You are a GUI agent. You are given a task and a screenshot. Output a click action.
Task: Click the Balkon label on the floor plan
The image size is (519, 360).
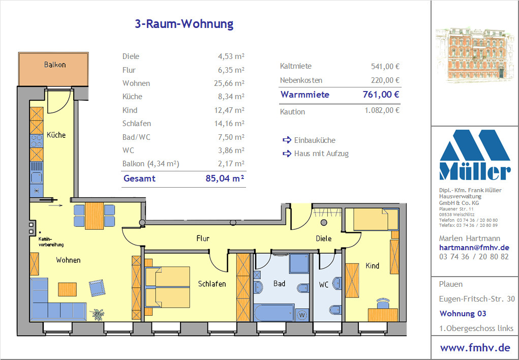(55, 65)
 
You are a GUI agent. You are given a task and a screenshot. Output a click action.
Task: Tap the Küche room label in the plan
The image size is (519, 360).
(56, 135)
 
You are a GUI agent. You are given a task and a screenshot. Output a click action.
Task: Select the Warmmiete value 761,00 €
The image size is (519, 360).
(381, 95)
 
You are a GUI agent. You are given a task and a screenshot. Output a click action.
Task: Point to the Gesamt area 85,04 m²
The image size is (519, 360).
(225, 178)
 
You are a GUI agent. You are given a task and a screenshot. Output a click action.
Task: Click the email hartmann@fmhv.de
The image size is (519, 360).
(474, 248)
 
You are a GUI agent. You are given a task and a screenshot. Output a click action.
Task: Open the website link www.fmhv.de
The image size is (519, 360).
(475, 348)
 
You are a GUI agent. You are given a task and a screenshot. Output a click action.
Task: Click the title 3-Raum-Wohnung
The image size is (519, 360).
(184, 24)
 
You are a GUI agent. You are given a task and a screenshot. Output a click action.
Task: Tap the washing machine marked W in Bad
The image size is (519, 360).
(301, 315)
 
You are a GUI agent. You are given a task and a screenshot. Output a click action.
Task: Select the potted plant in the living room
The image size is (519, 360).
(98, 314)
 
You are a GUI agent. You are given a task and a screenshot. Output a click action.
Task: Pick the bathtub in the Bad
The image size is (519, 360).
(274, 313)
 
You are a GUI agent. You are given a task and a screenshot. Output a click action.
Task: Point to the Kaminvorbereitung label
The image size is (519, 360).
(51, 242)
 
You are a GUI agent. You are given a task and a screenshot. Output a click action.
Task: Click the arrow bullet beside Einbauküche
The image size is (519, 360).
(287, 140)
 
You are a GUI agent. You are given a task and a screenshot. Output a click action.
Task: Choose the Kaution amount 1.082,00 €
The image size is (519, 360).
(382, 110)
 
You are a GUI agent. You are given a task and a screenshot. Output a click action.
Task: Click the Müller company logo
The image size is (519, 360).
(475, 155)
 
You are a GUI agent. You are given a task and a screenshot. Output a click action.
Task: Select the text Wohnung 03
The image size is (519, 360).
(463, 313)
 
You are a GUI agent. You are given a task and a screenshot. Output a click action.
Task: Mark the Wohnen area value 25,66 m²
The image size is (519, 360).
(229, 83)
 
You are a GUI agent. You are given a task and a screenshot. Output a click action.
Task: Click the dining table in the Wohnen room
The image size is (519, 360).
(95, 216)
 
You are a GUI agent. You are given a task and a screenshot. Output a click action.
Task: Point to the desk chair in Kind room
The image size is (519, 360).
(383, 303)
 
